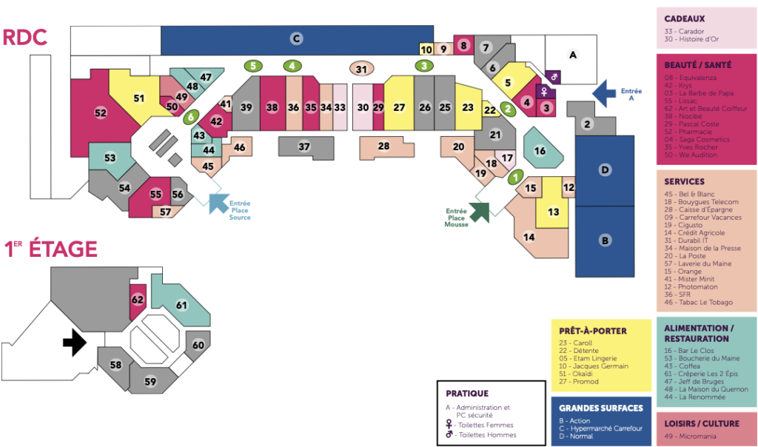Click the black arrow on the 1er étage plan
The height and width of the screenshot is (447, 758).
(75, 341)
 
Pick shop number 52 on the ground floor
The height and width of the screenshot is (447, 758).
(101, 113)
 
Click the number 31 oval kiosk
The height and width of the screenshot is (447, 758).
(361, 70)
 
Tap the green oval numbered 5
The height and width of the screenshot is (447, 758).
(253, 66)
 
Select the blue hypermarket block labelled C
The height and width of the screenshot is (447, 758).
(296, 38)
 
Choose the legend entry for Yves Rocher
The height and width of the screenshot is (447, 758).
(692, 148)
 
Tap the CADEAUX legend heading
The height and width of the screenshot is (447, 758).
(684, 19)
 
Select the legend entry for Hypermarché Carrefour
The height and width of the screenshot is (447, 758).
(601, 428)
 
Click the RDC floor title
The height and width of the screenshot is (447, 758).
(25, 38)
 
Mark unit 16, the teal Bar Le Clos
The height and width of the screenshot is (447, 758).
(540, 151)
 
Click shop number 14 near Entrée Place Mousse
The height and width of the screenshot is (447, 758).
(529, 237)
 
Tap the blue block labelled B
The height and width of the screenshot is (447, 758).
(605, 241)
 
